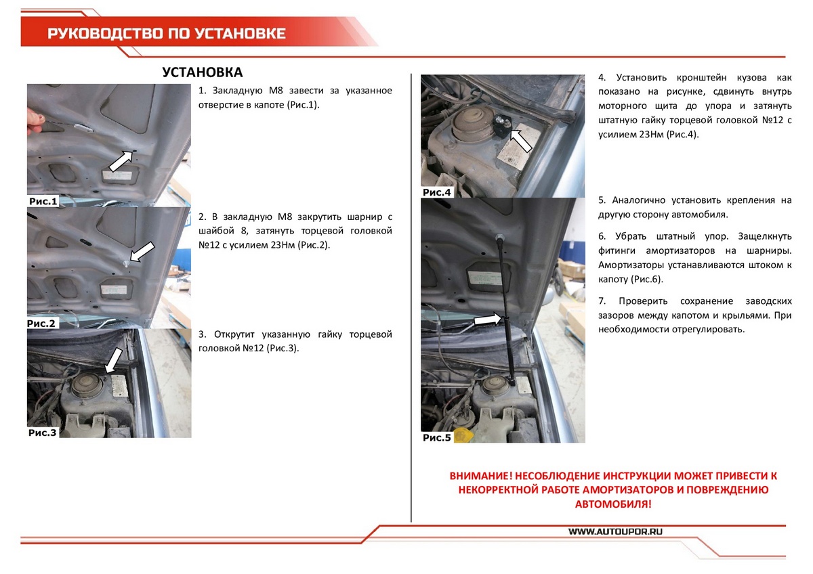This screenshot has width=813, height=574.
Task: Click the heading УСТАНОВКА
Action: pyautogui.click(x=203, y=72)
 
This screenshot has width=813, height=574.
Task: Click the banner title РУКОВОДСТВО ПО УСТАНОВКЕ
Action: pyautogui.click(x=167, y=34)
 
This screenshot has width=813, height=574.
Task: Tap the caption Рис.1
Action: pyautogui.click(x=43, y=201)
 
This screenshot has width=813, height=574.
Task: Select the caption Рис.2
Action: pyautogui.click(x=43, y=324)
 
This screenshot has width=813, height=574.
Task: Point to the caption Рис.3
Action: pyautogui.click(x=43, y=433)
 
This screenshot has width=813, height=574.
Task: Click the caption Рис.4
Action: pyautogui.click(x=437, y=192)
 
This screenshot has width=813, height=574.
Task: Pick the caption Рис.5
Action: pyautogui.click(x=437, y=437)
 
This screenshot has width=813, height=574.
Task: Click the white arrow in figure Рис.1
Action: pyautogui.click(x=121, y=161)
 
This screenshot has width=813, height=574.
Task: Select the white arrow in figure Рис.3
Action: pyautogui.click(x=114, y=360)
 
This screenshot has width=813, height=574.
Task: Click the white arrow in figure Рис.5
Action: pyautogui.click(x=487, y=319)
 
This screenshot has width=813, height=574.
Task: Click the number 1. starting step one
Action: pyautogui.click(x=202, y=91)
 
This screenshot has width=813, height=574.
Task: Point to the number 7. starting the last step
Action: pyautogui.click(x=602, y=300)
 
